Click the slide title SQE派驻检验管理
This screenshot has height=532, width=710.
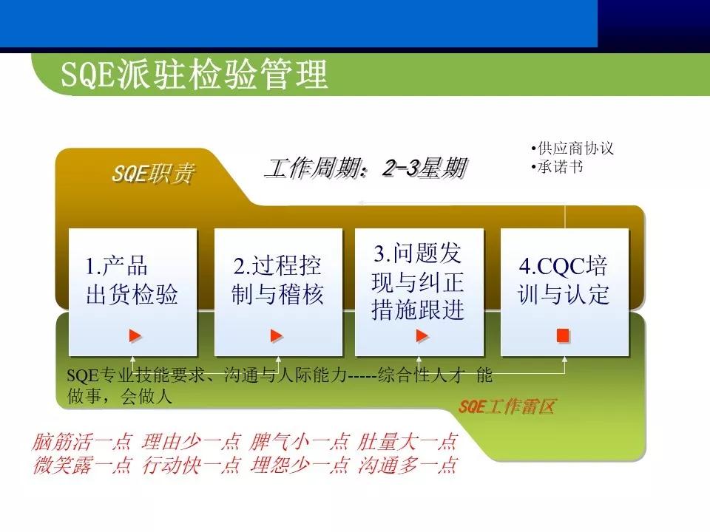coord(194,75)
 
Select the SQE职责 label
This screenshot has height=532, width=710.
coord(154,174)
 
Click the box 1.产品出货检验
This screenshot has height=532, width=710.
coord(132,282)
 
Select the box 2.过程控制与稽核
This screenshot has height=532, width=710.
coord(278,282)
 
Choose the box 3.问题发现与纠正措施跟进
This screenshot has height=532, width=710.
coord(419,282)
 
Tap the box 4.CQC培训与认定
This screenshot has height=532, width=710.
coord(564,282)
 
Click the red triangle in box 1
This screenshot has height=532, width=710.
coord(135,336)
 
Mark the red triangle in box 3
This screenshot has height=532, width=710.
coord(422,336)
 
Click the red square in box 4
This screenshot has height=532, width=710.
coord(564,336)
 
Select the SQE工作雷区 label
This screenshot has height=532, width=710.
coord(507,406)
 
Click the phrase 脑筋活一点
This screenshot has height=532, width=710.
coord(82,443)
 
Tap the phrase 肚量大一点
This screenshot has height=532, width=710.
coord(408,443)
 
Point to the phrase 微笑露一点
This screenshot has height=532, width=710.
coord(82,465)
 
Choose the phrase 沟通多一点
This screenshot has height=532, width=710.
coord(408,465)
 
